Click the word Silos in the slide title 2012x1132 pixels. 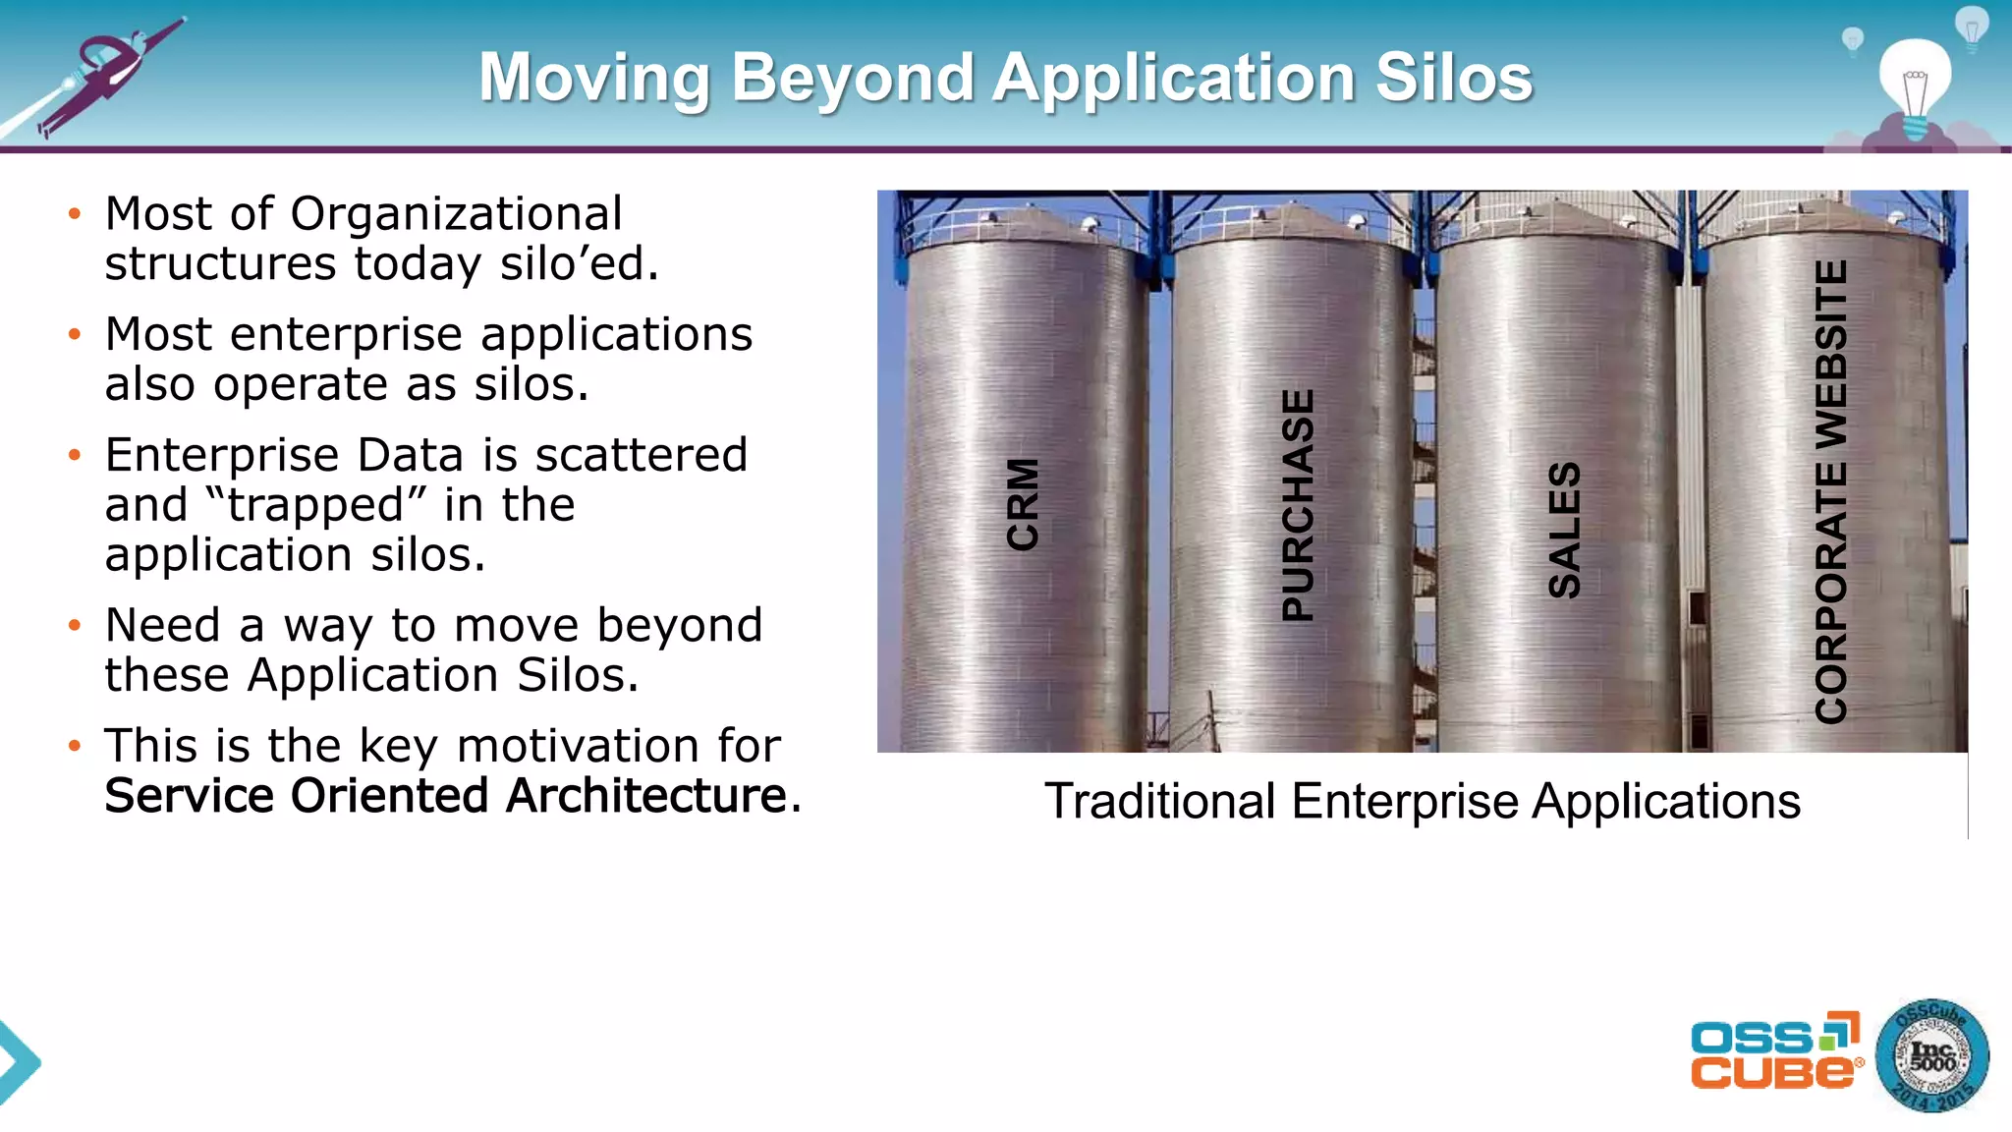tap(1453, 78)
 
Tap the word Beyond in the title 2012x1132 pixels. tap(853, 78)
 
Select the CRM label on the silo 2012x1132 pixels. tap(1023, 504)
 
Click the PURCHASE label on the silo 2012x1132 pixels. tap(1298, 505)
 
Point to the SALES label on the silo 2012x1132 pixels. tap(1564, 530)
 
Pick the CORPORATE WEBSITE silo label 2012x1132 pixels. tap(1831, 491)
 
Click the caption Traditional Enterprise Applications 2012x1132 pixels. tap(1422, 801)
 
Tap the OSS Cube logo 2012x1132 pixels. tap(1775, 1050)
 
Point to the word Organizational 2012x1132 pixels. tap(456, 213)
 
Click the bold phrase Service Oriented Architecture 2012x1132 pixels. tap(447, 795)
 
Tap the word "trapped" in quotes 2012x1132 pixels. tap(316, 505)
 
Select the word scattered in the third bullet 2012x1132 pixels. tap(641, 455)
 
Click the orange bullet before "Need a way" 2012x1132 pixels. tap(75, 625)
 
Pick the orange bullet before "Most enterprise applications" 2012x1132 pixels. tap(75, 334)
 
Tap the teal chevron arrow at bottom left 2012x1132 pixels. tap(18, 1062)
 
